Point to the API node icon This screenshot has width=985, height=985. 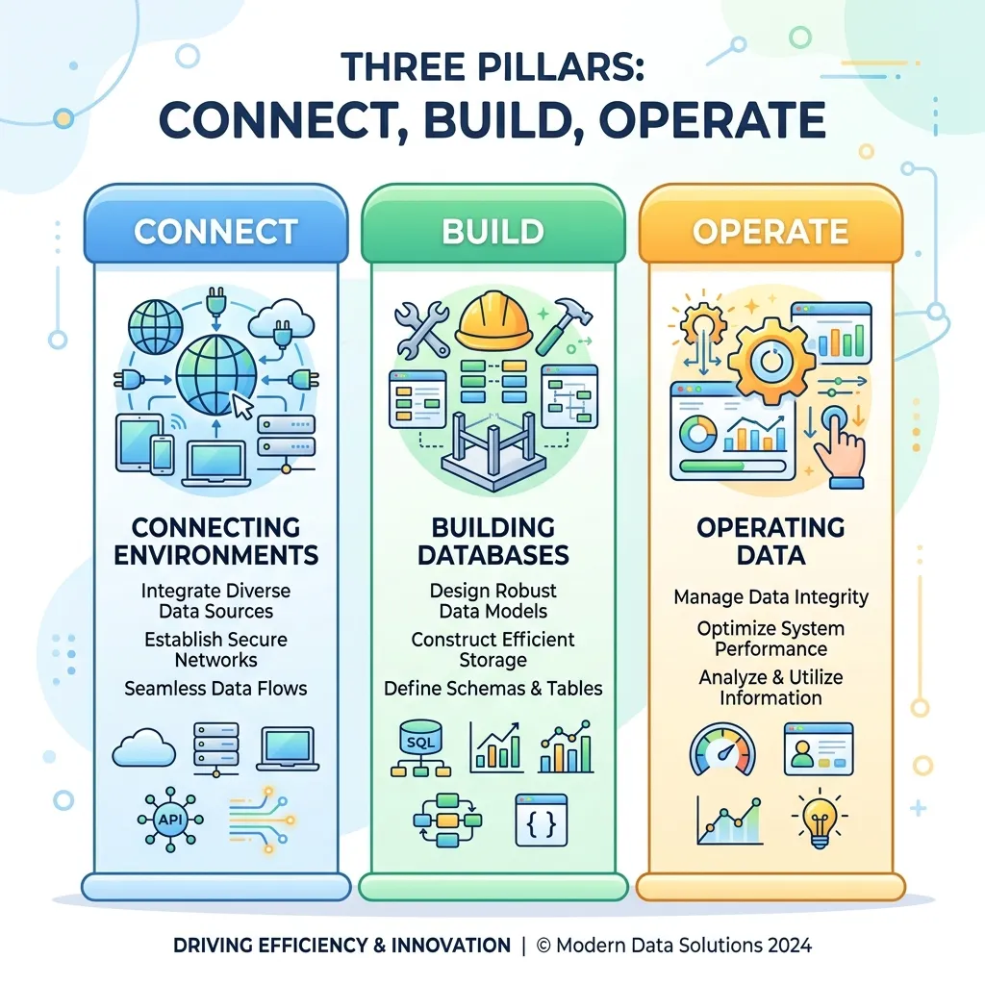170,820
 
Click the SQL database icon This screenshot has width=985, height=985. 421,748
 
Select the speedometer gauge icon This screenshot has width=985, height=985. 722,748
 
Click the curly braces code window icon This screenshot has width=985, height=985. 541,821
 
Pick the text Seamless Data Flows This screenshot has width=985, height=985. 215,689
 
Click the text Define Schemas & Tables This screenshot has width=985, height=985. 493,689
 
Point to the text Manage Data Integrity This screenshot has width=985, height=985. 770,596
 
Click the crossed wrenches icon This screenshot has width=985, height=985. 422,329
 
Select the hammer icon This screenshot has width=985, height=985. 563,324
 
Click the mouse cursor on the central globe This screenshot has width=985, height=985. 242,406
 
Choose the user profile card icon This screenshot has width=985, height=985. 819,748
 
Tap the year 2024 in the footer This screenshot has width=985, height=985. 788,946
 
